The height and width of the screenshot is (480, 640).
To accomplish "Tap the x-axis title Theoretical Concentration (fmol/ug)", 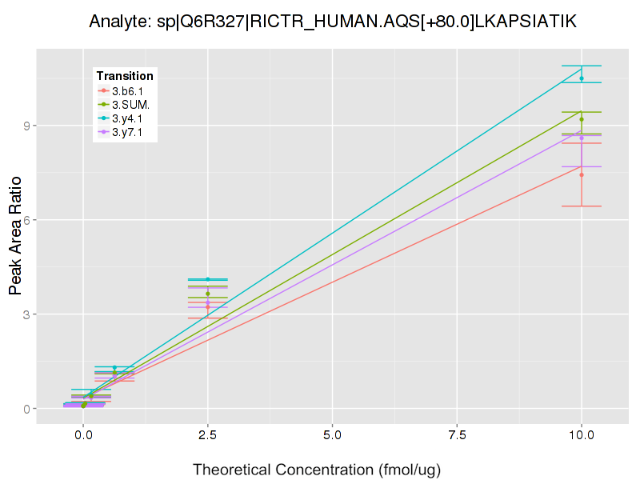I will (x=317, y=469).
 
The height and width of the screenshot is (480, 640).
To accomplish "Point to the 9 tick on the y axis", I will (x=26, y=126).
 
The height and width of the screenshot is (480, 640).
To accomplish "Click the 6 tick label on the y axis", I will (x=26, y=220).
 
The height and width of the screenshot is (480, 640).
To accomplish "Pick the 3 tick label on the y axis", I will (x=26, y=314).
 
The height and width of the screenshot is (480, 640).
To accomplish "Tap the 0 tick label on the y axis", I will (x=26, y=409).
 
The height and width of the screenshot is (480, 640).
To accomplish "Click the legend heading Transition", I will (x=125, y=76).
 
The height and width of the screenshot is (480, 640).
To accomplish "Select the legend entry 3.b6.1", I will (x=127, y=91).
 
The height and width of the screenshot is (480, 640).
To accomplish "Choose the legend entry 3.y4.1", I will (x=127, y=118).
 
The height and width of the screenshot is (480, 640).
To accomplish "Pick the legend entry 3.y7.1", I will (x=127, y=132).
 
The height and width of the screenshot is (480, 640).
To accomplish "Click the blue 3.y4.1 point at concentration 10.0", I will (x=582, y=78).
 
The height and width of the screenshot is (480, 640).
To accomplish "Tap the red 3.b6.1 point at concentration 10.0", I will (x=582, y=174).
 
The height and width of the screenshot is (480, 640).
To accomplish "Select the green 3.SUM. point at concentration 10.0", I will (x=582, y=119).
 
